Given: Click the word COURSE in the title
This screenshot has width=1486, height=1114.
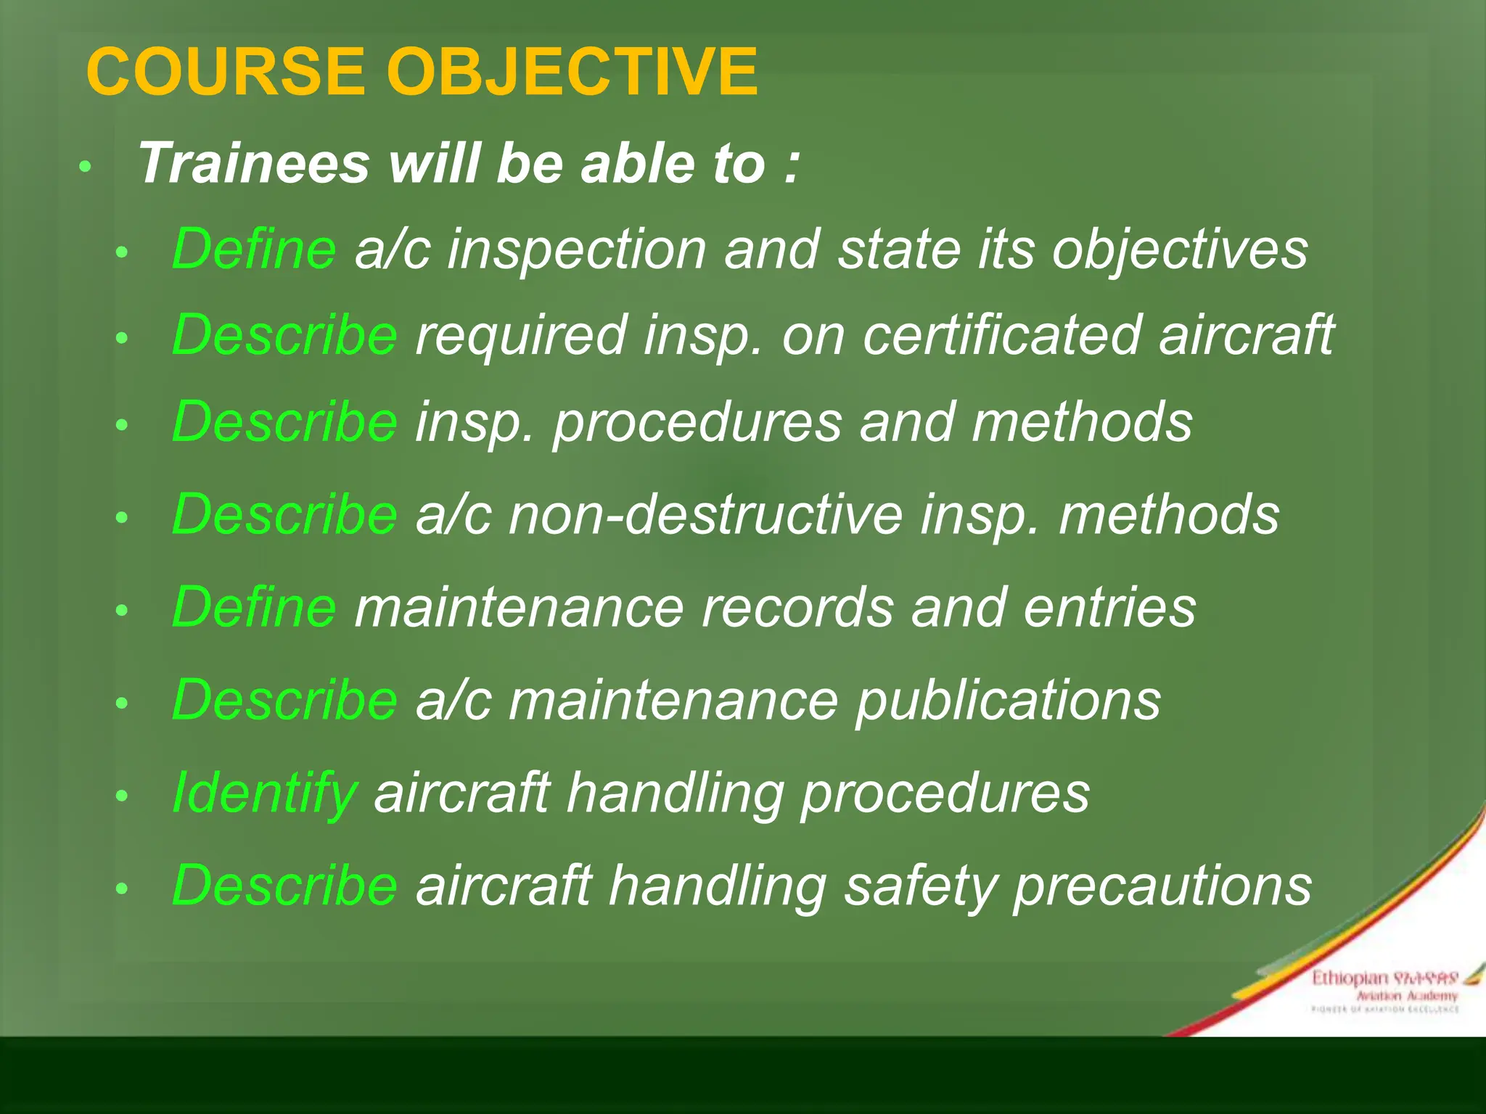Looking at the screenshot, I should coord(225,72).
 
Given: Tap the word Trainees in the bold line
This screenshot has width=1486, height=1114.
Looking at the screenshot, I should coord(254,163).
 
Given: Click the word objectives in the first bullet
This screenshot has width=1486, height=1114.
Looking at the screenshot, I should coord(1180,250).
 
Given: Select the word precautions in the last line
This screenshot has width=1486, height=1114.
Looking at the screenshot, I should coord(1162,886).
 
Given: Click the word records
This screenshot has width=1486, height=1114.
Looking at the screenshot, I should coord(797,608).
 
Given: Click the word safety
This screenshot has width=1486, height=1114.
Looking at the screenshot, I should coord(919,886).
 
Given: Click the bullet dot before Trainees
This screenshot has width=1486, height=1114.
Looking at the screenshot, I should coord(85,167).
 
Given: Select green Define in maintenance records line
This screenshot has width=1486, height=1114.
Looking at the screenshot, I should coord(254,607).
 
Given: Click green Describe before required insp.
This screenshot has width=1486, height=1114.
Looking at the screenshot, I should coord(284,335).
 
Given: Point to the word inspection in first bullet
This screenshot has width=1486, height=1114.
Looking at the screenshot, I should coord(577,250).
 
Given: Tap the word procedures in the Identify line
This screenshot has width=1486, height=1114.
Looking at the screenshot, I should coord(945,793).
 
